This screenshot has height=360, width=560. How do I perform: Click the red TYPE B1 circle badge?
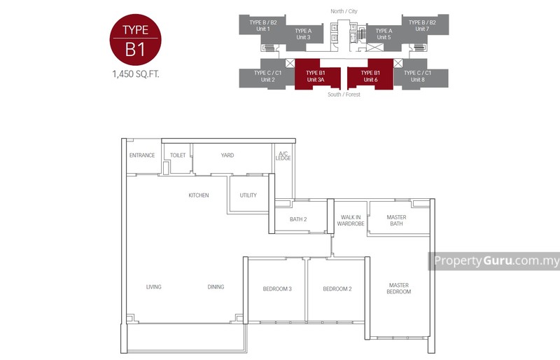(136, 39)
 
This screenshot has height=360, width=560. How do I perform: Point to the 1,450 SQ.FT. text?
(136, 74)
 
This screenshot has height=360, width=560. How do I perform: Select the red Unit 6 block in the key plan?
(370, 76)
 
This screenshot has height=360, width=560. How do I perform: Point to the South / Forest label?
(344, 95)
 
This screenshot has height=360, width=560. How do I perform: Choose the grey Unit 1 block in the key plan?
(264, 25)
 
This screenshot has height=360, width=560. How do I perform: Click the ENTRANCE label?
(142, 155)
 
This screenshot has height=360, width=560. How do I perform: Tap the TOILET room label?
(178, 155)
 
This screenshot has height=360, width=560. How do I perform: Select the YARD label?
(227, 155)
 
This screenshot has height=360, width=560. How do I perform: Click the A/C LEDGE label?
(283, 156)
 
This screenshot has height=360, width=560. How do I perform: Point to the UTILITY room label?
(248, 195)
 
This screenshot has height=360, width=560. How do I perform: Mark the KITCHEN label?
(199, 195)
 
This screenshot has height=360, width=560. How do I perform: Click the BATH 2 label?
(298, 219)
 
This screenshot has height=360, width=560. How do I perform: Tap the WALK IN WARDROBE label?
(350, 221)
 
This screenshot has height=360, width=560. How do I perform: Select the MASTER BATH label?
(396, 221)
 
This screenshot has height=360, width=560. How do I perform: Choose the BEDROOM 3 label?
(277, 289)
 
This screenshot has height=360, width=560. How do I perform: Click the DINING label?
(216, 286)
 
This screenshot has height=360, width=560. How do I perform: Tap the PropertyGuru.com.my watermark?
(496, 261)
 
